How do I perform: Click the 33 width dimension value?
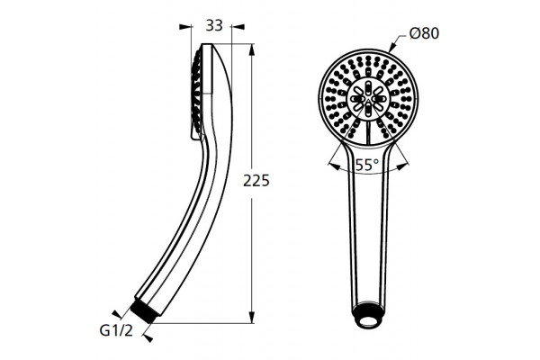[x=214, y=26]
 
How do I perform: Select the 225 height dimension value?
[x=256, y=181]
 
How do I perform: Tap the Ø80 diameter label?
[x=424, y=33]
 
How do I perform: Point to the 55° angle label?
[x=367, y=165]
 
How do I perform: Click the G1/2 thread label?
[x=116, y=331]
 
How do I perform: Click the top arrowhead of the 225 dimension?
[x=252, y=49]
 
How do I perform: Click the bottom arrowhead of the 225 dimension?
[x=252, y=318]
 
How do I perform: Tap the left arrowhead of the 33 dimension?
[x=185, y=26]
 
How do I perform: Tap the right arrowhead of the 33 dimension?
[x=238, y=26]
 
